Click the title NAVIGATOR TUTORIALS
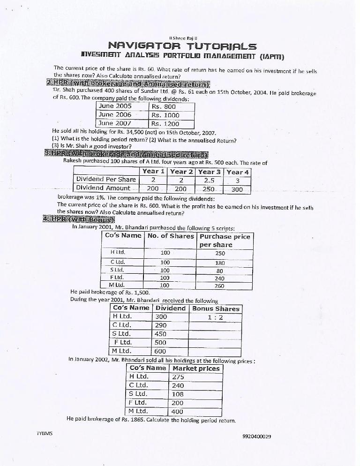point(182,46)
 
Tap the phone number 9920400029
point(257,436)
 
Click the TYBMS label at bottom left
point(45,434)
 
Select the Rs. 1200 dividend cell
point(165,124)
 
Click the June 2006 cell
point(116,115)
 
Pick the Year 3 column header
point(209,172)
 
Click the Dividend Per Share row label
point(106,179)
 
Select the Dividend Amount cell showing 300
point(237,189)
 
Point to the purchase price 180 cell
point(219,263)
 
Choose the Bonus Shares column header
point(216,308)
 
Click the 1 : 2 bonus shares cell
point(215,317)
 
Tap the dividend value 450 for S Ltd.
point(161,334)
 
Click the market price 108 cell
point(178,394)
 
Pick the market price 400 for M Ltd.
point(178,412)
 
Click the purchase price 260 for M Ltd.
point(219,285)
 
